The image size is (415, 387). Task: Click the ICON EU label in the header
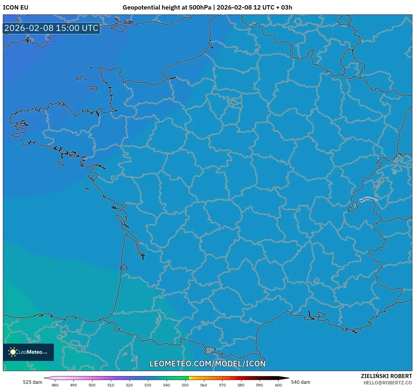click(16, 8)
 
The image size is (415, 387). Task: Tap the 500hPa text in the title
click(200, 8)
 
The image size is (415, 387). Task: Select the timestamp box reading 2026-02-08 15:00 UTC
click(51, 28)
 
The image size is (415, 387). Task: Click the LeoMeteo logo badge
click(28, 352)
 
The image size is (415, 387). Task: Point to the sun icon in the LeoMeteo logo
click(13, 352)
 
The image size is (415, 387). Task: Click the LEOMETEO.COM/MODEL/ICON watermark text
click(207, 364)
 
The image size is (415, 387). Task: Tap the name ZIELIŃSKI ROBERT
click(386, 376)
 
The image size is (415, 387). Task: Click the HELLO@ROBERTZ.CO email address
click(387, 383)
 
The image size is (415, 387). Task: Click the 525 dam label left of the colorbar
click(32, 382)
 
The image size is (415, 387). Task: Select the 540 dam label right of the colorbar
click(300, 382)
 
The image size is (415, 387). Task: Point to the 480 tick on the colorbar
click(55, 385)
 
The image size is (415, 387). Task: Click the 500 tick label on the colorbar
click(92, 385)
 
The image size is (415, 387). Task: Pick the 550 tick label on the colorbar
click(185, 385)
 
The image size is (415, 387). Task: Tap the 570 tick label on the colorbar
click(222, 385)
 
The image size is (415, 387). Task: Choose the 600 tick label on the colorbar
click(278, 385)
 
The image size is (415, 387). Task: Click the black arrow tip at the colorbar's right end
click(286, 378)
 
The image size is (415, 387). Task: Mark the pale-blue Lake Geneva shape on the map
click(368, 199)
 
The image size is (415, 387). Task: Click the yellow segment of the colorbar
click(191, 378)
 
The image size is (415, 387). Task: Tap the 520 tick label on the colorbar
click(129, 385)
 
